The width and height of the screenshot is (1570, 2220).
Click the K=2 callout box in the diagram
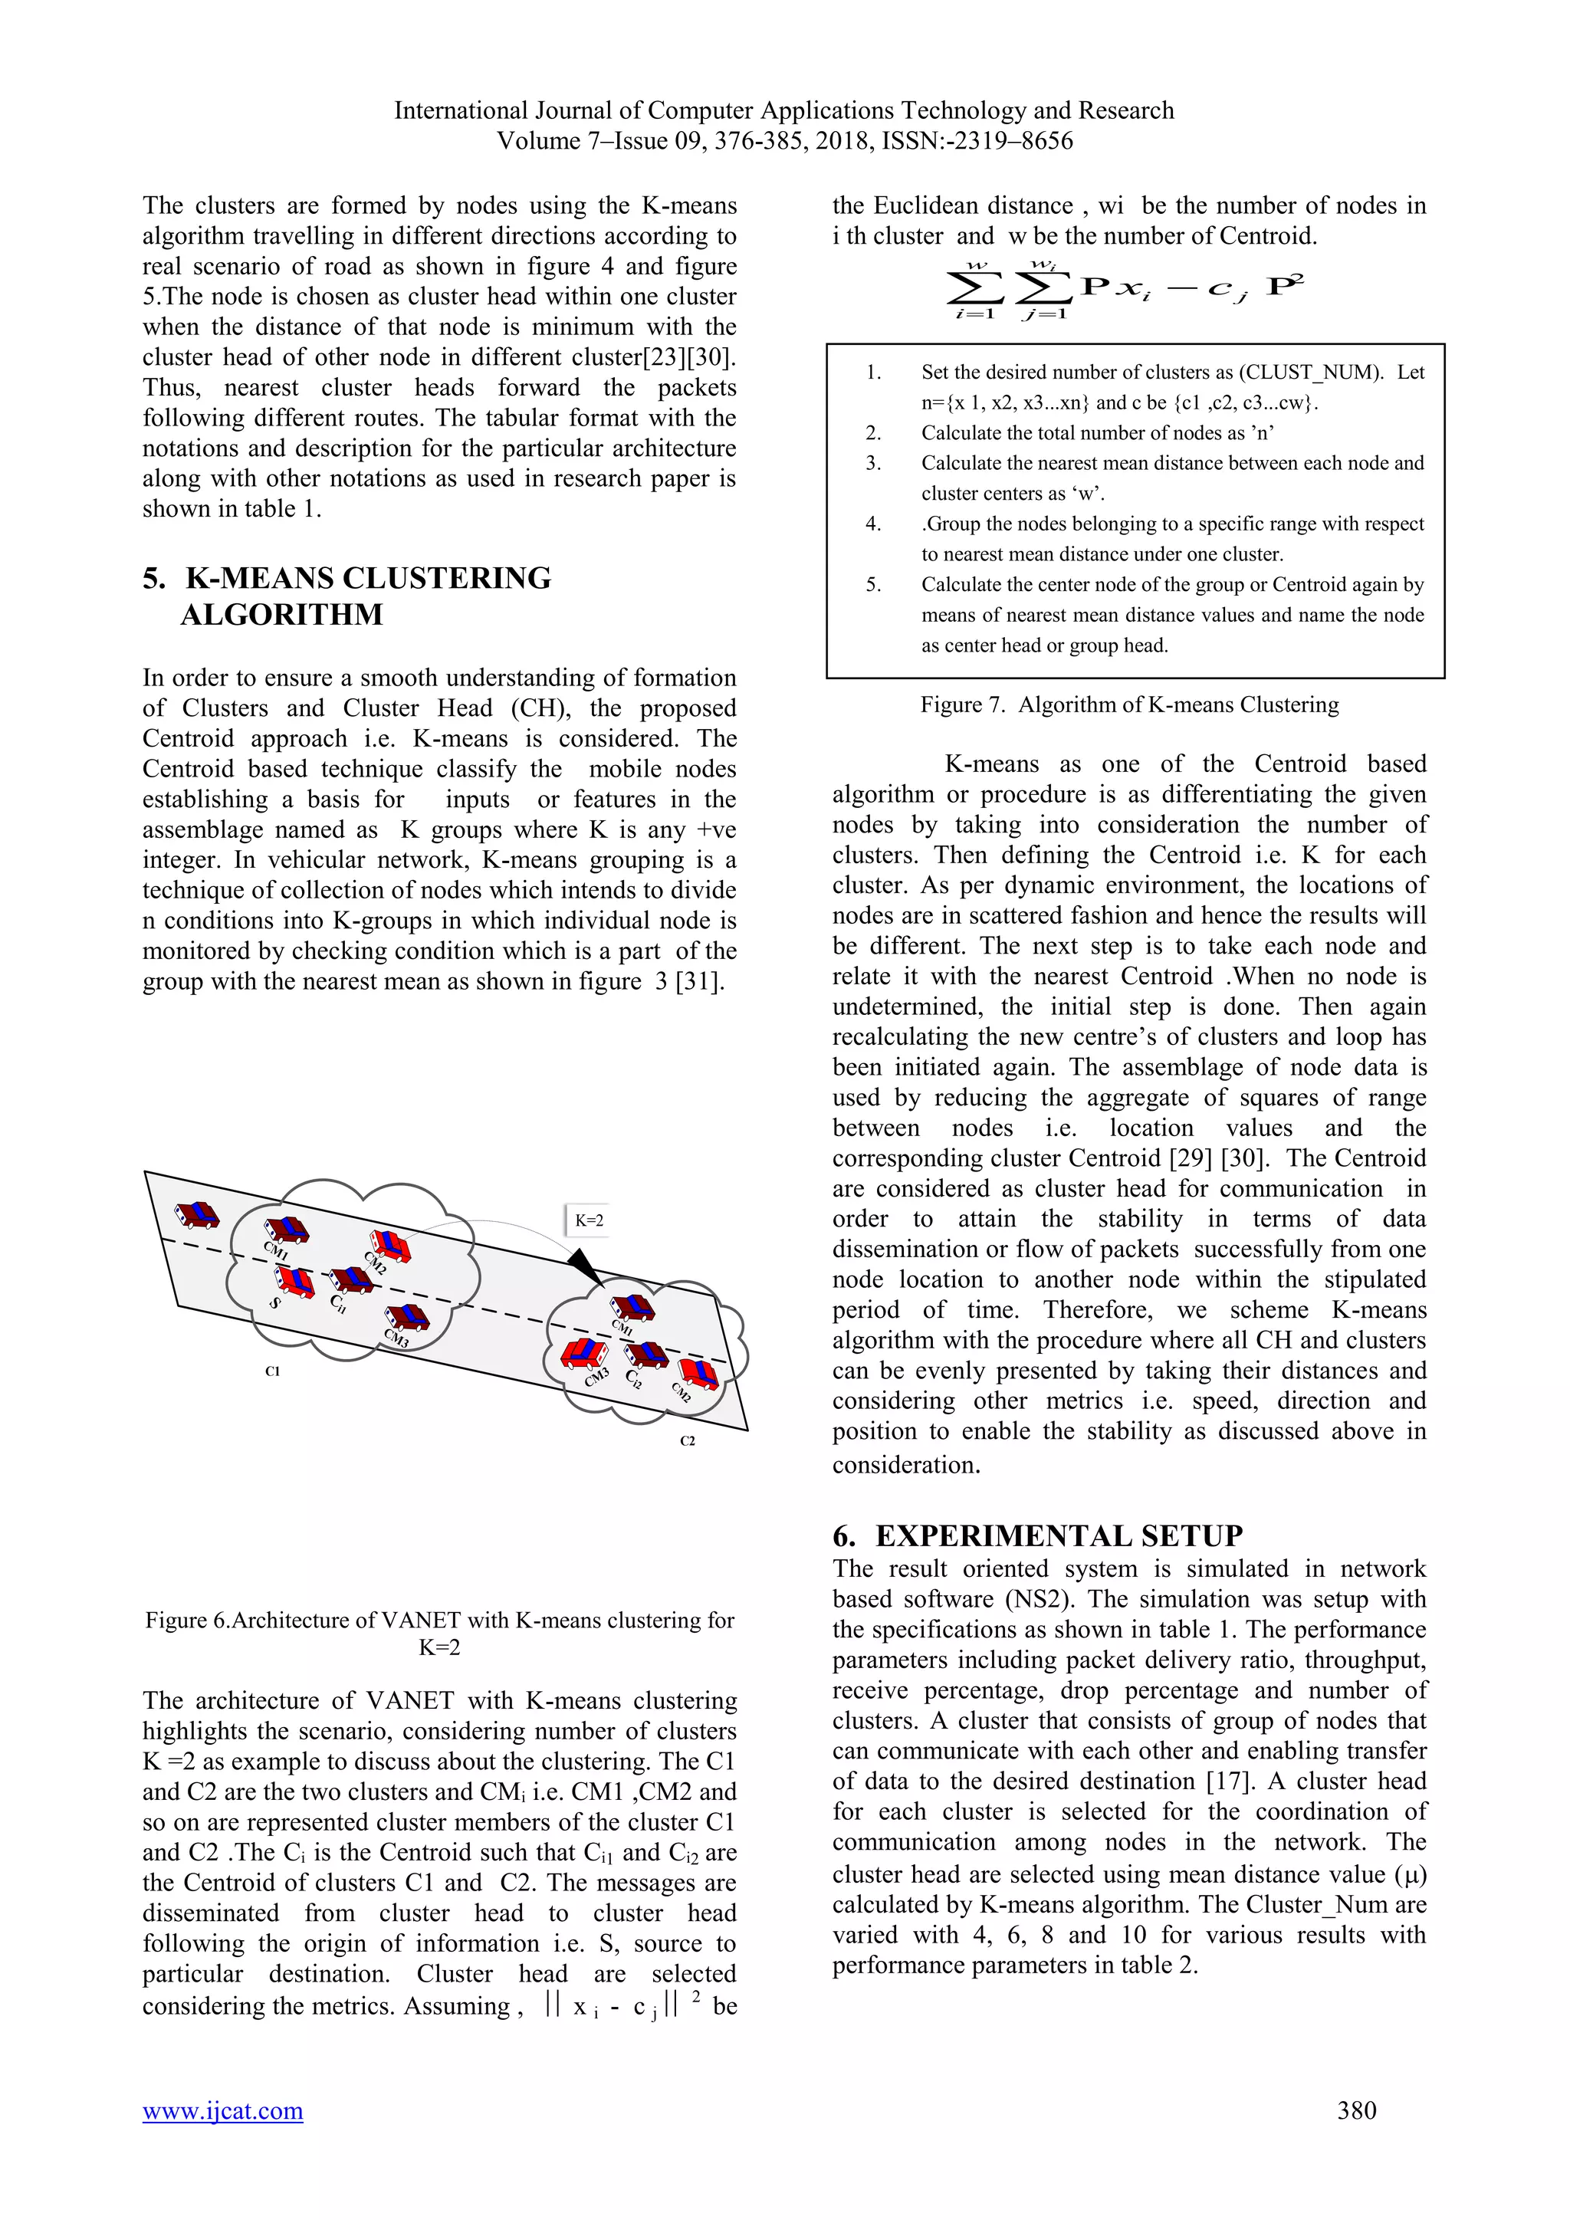point(589,1220)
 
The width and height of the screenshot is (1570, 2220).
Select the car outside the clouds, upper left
point(197,1214)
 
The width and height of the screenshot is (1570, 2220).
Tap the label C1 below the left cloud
point(273,1371)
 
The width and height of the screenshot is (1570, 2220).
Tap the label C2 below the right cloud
point(688,1440)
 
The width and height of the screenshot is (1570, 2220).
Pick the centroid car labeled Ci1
point(350,1280)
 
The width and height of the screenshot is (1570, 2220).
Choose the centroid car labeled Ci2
point(647,1355)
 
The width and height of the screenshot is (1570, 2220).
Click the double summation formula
point(1125,288)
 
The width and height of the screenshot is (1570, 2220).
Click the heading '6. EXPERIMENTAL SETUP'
point(1037,1535)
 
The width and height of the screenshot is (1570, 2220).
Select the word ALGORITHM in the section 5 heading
point(281,615)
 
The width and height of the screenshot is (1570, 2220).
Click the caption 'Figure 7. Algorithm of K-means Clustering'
point(1129,705)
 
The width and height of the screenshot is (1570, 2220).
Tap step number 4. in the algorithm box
point(873,524)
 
